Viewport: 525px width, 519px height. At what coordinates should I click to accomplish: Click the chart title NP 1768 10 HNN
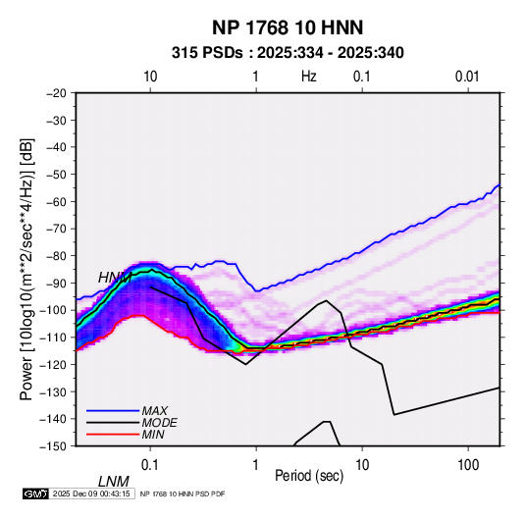pos(288,27)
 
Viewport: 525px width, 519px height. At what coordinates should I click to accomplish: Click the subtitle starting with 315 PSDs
pos(288,53)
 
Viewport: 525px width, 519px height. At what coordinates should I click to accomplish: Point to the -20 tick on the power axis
pos(56,93)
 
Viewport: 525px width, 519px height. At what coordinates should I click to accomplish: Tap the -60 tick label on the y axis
pos(56,201)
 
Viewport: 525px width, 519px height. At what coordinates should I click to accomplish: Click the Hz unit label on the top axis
pos(309,77)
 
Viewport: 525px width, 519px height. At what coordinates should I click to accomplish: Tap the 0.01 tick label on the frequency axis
pos(467,77)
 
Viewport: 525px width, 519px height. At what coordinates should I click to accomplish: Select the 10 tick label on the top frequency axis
pos(150,77)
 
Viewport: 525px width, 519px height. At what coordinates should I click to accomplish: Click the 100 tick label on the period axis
pos(468,465)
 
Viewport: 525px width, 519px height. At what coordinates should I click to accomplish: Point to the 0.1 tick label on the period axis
pos(150,465)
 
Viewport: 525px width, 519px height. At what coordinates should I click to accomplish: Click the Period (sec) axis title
pos(309,476)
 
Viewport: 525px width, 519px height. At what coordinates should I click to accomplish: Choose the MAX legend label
pos(154,411)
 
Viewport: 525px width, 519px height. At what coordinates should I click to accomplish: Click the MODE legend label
pos(159,423)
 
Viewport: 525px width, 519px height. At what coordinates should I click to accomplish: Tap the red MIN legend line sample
pos(113,435)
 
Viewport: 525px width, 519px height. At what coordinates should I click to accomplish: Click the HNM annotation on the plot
pos(115,278)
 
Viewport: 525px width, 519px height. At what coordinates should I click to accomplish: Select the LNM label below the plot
pos(113,482)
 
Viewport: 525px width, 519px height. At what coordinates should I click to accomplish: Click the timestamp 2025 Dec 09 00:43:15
pos(91,493)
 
